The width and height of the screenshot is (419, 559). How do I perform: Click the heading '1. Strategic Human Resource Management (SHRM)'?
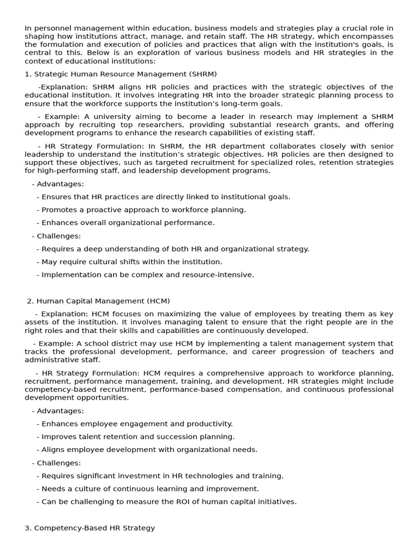[x=121, y=74]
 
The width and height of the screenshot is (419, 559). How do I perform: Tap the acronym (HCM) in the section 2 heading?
[x=158, y=301]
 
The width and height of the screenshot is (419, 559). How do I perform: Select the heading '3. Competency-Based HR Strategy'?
[x=90, y=528]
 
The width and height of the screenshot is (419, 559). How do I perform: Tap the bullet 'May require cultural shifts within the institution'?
[x=129, y=262]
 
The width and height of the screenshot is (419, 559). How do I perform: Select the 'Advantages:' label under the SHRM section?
[x=58, y=184]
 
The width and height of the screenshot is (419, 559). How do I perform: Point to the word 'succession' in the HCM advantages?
[x=176, y=437]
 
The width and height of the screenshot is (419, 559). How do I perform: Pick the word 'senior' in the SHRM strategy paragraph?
[x=381, y=146]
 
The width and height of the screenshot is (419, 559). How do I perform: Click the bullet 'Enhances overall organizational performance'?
[x=125, y=223]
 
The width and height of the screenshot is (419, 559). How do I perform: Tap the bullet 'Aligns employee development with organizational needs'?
[x=147, y=450]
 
